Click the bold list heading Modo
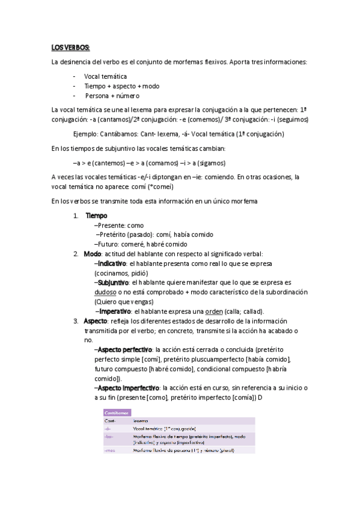pyautogui.click(x=92, y=254)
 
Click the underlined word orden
pyautogui.click(x=215, y=311)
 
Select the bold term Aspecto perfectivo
pyautogui.click(x=125, y=349)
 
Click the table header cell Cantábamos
pyautogui.click(x=116, y=413)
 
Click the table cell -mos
pyautogui.click(x=109, y=450)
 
